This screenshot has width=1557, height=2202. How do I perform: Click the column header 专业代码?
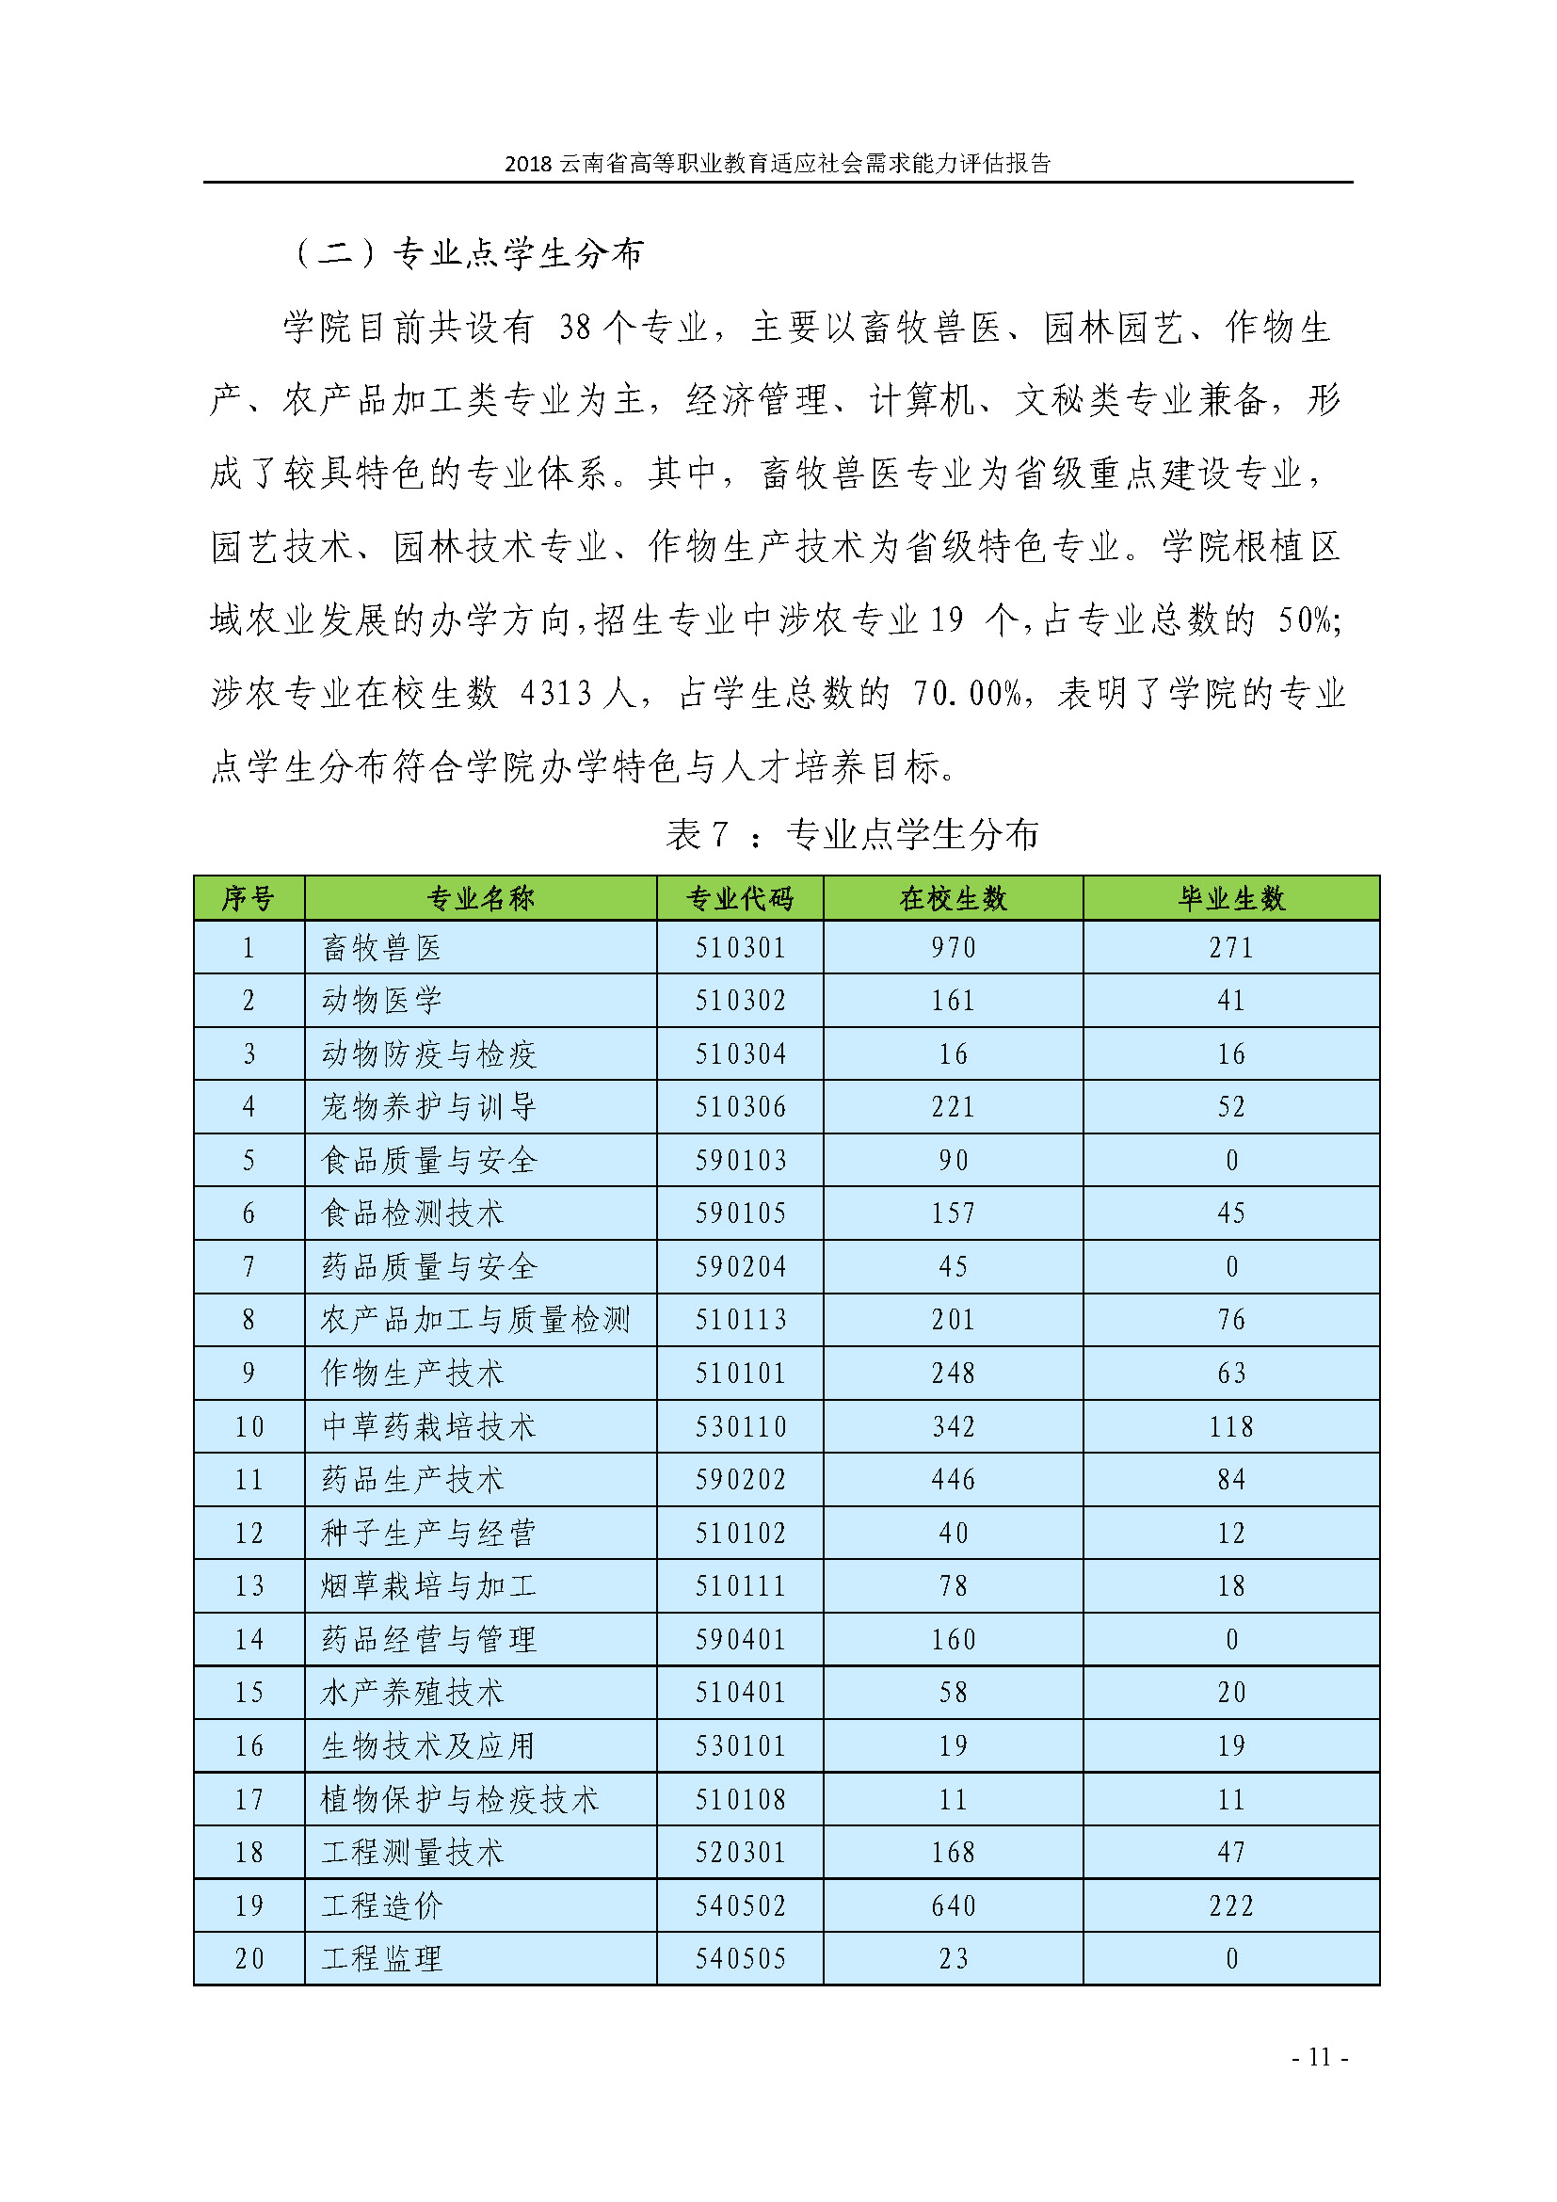[739, 899]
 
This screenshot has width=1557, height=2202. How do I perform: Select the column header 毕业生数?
[1231, 899]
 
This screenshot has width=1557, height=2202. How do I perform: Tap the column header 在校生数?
[953, 899]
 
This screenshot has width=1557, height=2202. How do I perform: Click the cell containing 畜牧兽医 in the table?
[381, 948]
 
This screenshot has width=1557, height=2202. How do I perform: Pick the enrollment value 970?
[953, 948]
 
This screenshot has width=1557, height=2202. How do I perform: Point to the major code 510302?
[739, 1001]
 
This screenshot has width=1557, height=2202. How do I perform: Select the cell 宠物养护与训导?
[427, 1107]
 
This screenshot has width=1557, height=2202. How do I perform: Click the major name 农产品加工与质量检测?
[475, 1320]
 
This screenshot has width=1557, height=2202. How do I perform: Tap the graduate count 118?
[1231, 1426]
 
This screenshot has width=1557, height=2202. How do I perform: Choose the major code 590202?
[739, 1479]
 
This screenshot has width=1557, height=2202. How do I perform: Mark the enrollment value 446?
[953, 1479]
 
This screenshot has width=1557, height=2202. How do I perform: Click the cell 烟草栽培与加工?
[427, 1585]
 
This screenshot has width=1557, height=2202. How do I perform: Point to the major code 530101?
[739, 1745]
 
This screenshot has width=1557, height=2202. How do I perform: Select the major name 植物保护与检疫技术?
[459, 1799]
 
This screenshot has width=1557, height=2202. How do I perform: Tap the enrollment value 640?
[953, 1905]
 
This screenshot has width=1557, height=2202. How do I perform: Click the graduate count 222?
[1231, 1905]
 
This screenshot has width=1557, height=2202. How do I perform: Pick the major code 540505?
[739, 1958]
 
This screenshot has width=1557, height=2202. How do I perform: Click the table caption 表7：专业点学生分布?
[851, 834]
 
